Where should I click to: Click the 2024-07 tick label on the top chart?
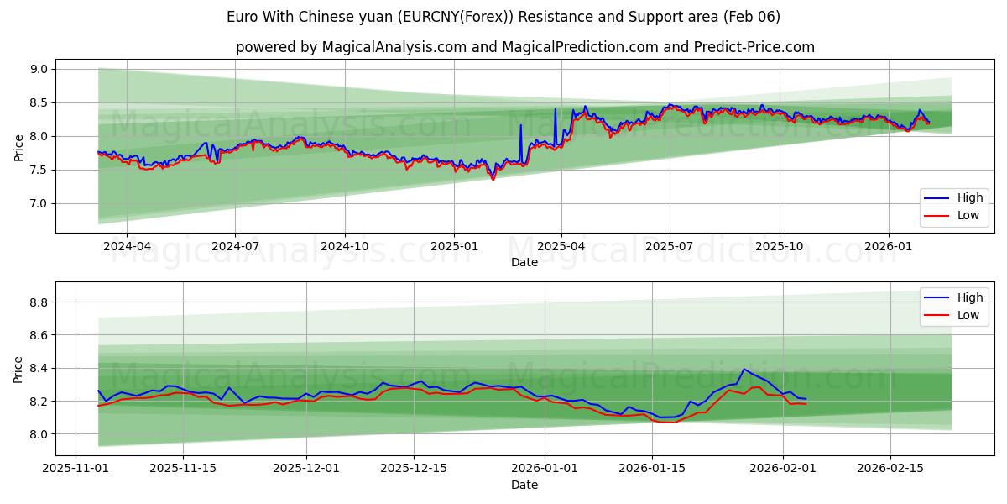[x=234, y=247]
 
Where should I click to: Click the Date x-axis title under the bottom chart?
[x=524, y=485]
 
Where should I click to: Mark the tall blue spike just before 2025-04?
[x=555, y=109]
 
